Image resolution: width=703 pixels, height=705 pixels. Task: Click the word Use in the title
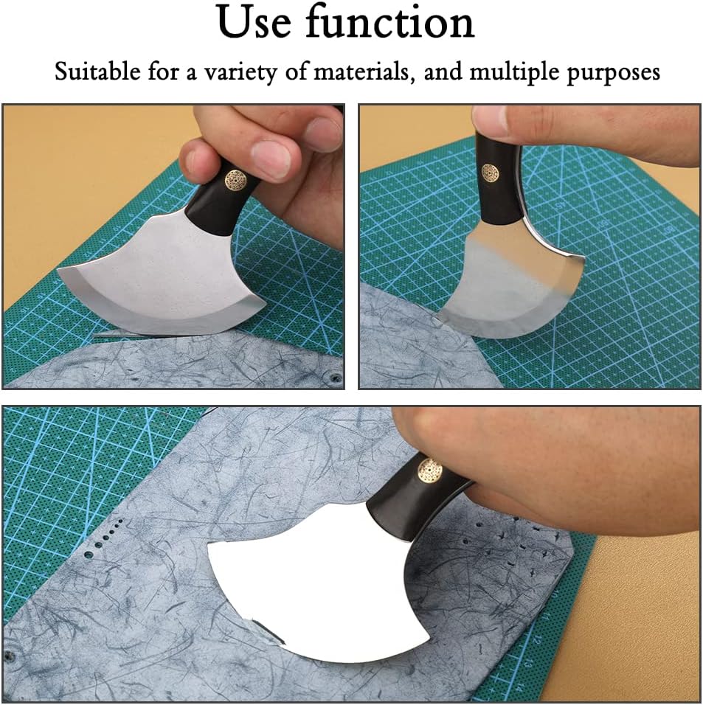tap(254, 21)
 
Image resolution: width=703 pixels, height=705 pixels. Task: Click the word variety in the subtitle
tap(240, 73)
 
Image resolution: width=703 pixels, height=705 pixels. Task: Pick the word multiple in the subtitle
tap(515, 73)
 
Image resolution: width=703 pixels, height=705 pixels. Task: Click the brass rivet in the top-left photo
tap(235, 180)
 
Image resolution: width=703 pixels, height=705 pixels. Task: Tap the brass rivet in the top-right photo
tap(491, 172)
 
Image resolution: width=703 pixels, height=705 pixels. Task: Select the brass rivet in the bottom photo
tap(429, 470)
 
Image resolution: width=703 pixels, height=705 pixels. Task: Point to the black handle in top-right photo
tap(498, 180)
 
